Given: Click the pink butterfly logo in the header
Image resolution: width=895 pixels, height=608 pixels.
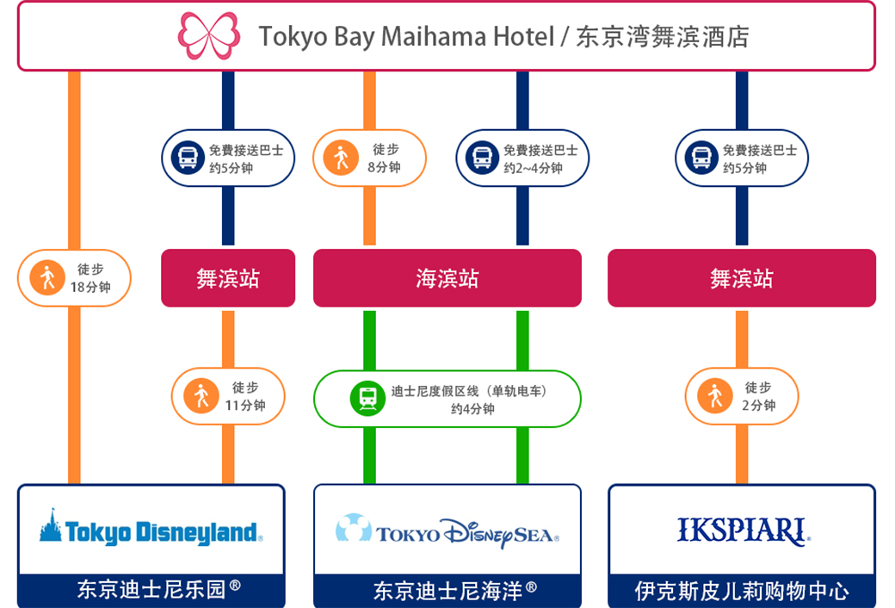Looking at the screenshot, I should (208, 35).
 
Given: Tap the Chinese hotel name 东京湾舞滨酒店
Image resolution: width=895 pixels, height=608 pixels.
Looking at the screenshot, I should (663, 36).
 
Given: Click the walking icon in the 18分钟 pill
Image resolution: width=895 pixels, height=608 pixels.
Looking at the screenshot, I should (46, 278).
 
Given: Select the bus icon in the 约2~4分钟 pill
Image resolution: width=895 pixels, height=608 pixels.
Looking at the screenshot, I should (483, 158).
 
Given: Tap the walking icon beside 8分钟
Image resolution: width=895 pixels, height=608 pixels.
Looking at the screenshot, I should (341, 158).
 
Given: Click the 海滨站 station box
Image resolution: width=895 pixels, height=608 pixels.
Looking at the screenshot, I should (447, 278).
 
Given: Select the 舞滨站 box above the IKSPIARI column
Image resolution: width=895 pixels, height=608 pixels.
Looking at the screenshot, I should (741, 278).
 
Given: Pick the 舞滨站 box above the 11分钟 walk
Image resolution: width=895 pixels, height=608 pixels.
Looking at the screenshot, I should (228, 278).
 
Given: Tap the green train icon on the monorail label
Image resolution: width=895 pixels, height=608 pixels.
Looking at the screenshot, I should (367, 398).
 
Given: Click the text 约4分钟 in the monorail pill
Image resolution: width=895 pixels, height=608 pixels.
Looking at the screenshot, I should (472, 408).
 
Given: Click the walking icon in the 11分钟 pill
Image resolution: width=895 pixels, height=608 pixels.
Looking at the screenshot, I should (201, 396).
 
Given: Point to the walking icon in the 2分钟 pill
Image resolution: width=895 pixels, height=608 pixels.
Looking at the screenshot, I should (714, 396).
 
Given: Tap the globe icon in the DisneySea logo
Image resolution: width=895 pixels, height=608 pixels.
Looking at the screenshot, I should (353, 527).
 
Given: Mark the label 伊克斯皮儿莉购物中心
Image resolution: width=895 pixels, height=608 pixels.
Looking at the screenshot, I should (742, 591).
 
